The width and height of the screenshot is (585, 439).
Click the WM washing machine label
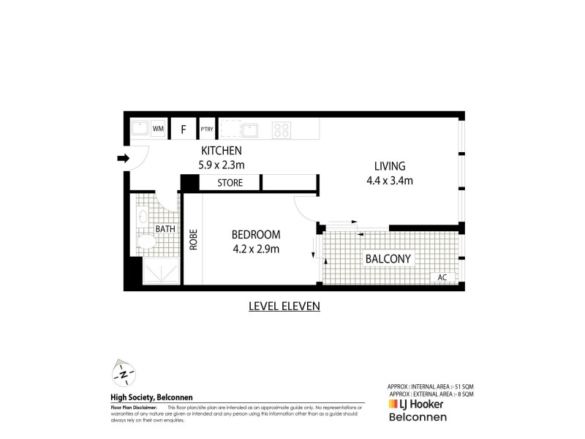click(x=158, y=130)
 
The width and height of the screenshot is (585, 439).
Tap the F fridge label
click(x=184, y=130)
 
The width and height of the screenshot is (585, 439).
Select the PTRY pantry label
click(x=206, y=130)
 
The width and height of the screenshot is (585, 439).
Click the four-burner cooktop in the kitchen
click(x=282, y=130)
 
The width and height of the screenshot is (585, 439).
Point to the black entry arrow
click(x=123, y=158)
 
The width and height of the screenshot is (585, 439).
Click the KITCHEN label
click(x=222, y=151)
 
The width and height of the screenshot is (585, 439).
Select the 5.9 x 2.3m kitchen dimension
click(x=222, y=165)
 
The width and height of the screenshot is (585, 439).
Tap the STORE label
click(x=230, y=183)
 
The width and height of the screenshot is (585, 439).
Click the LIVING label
click(x=390, y=165)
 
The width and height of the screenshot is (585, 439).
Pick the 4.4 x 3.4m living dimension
click(x=390, y=180)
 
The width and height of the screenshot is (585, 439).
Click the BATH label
click(x=165, y=228)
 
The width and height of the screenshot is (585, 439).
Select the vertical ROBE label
click(x=194, y=241)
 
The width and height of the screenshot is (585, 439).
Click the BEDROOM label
click(x=256, y=235)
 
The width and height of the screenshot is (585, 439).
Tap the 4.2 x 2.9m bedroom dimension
click(x=256, y=249)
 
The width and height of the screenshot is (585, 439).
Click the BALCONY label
click(x=389, y=259)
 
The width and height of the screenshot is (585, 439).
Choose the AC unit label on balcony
click(x=442, y=278)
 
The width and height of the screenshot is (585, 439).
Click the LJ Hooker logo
click(x=415, y=404)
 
